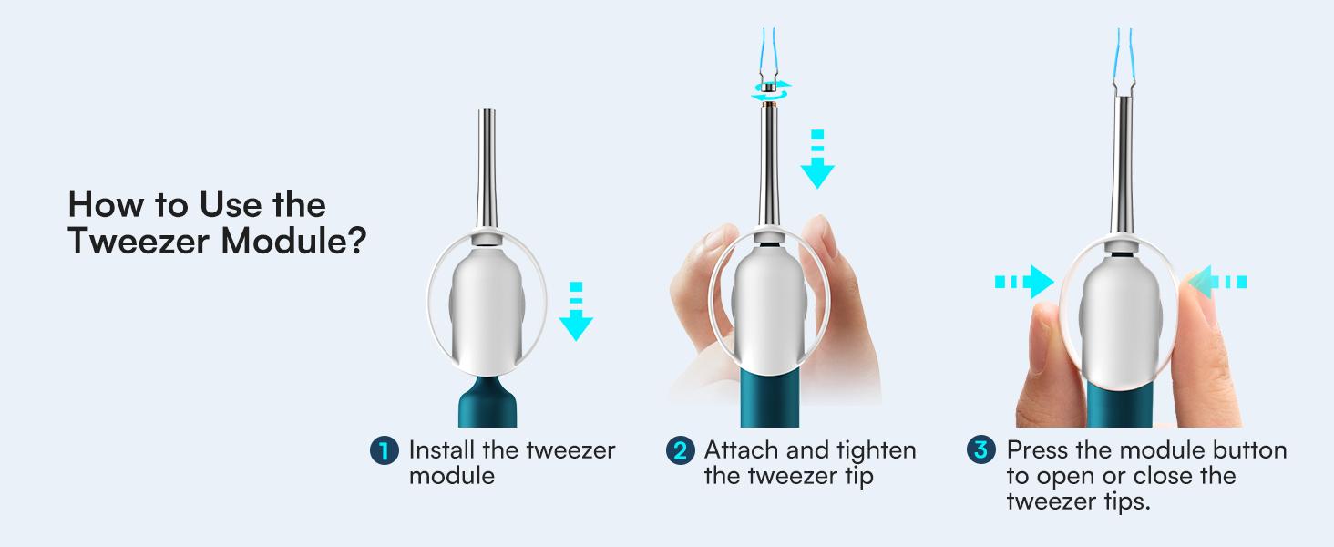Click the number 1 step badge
tap(385, 450)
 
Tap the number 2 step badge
tap(681, 450)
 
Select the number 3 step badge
tap(980, 450)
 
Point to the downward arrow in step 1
tap(574, 315)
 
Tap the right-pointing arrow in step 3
tap(1024, 283)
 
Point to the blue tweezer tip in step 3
tap(1119, 36)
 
